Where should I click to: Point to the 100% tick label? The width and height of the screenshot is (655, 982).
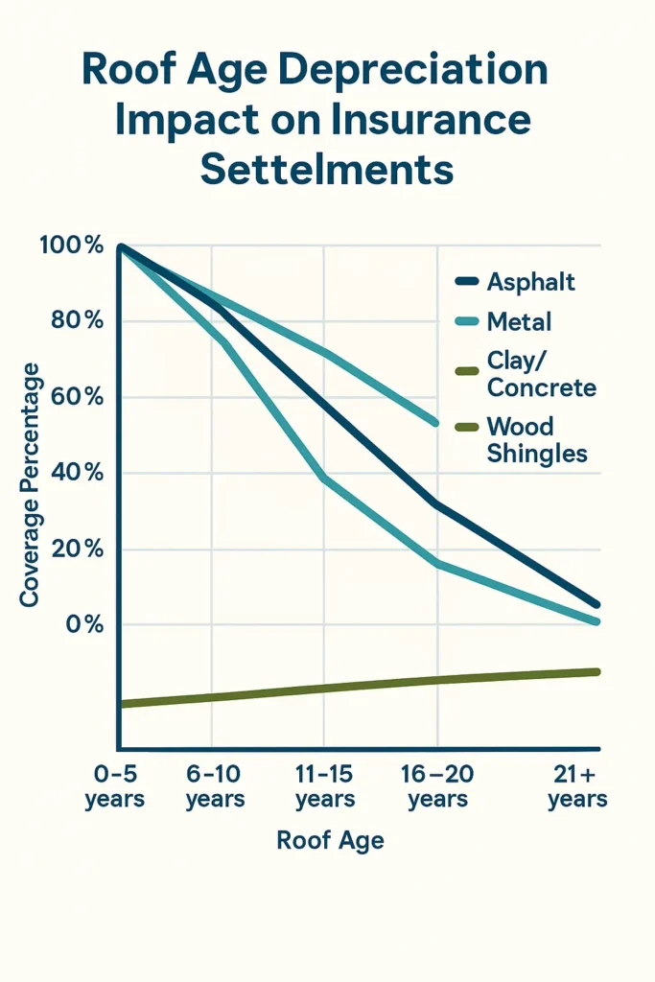coord(72,245)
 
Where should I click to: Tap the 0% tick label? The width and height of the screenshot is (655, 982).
coord(83,624)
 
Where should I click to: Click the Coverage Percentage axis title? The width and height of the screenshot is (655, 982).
coord(30,484)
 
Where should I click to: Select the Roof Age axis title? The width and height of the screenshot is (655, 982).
coord(330,841)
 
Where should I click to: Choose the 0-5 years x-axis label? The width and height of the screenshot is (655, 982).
coord(114,786)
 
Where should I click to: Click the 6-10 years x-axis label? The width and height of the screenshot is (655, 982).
coord(215,786)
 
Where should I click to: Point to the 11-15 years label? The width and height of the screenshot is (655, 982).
coord(325,786)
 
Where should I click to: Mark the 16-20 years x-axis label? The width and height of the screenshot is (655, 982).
coord(438,786)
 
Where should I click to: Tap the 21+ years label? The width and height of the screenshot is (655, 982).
coord(577,786)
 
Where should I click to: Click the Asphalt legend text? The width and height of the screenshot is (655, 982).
coord(530,282)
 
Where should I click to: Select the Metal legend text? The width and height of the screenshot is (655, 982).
coord(519,322)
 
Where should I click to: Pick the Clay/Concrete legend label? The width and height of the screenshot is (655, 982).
coord(541,375)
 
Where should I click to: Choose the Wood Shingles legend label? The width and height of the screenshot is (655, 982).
coord(537,439)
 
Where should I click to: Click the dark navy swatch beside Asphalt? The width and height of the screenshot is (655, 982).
coord(466,282)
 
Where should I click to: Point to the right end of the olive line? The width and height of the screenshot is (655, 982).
coord(597,671)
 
